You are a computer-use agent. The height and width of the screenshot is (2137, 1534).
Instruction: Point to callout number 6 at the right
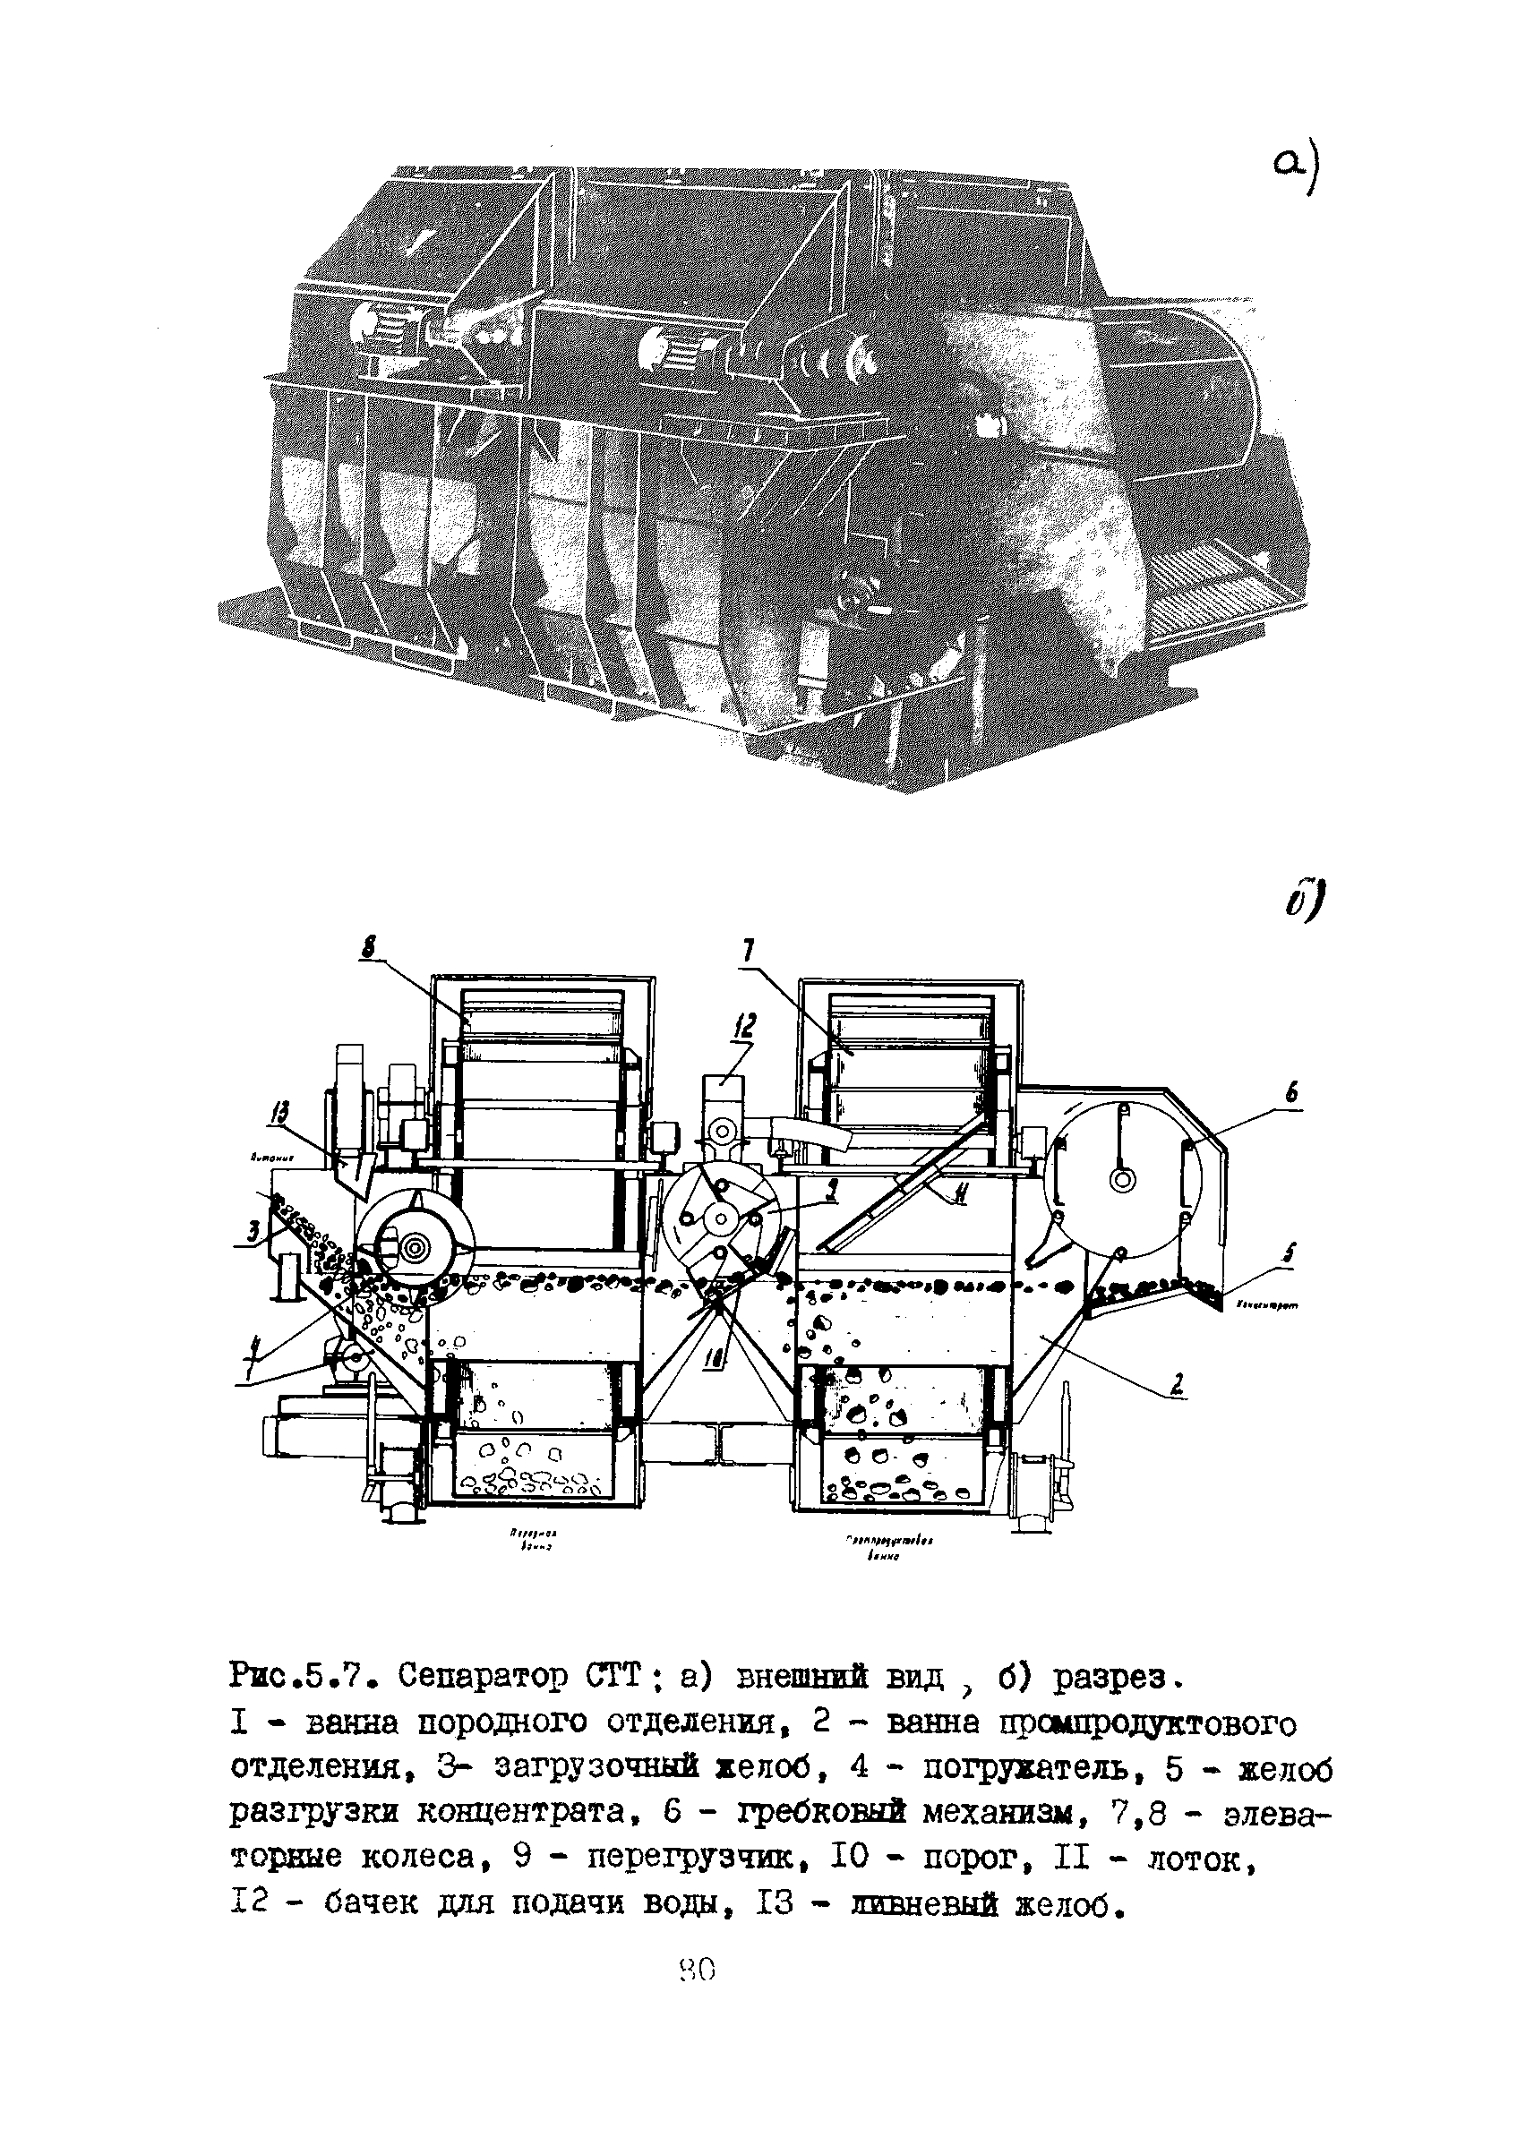point(1292,1093)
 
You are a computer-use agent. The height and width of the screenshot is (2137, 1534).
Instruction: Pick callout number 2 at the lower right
point(1177,1383)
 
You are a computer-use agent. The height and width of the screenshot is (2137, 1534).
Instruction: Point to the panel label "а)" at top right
point(1297,173)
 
